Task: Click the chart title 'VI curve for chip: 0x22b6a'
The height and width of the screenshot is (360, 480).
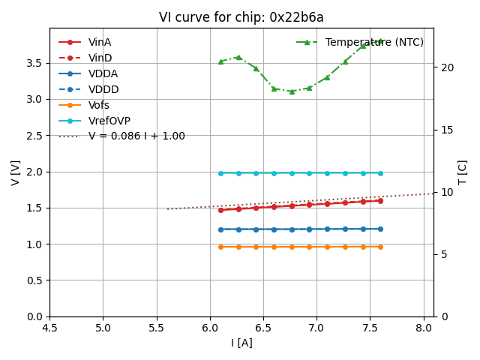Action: [x=241, y=17]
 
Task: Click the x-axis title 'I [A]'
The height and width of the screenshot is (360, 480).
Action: [x=241, y=343]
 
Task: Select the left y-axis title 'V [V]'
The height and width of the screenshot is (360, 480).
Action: [x=16, y=172]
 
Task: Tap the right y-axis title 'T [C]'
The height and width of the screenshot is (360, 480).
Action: [x=463, y=172]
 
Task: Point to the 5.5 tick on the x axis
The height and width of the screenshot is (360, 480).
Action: [x=157, y=328]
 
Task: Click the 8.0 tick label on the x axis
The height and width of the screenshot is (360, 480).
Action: [x=424, y=328]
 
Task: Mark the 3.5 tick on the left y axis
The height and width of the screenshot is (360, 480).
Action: [x=34, y=62]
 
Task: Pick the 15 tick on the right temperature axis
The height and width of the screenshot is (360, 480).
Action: [x=445, y=130]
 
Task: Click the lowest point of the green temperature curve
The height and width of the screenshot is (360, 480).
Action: [x=292, y=91]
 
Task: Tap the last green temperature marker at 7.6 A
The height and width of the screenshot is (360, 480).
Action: [x=380, y=41]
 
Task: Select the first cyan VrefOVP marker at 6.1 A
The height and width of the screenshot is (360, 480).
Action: [x=220, y=173]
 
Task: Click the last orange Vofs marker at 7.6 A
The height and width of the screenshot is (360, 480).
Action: [x=380, y=247]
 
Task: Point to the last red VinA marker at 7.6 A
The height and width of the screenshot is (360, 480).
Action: [x=380, y=200]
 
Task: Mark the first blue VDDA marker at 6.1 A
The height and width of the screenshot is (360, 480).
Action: [x=220, y=229]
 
